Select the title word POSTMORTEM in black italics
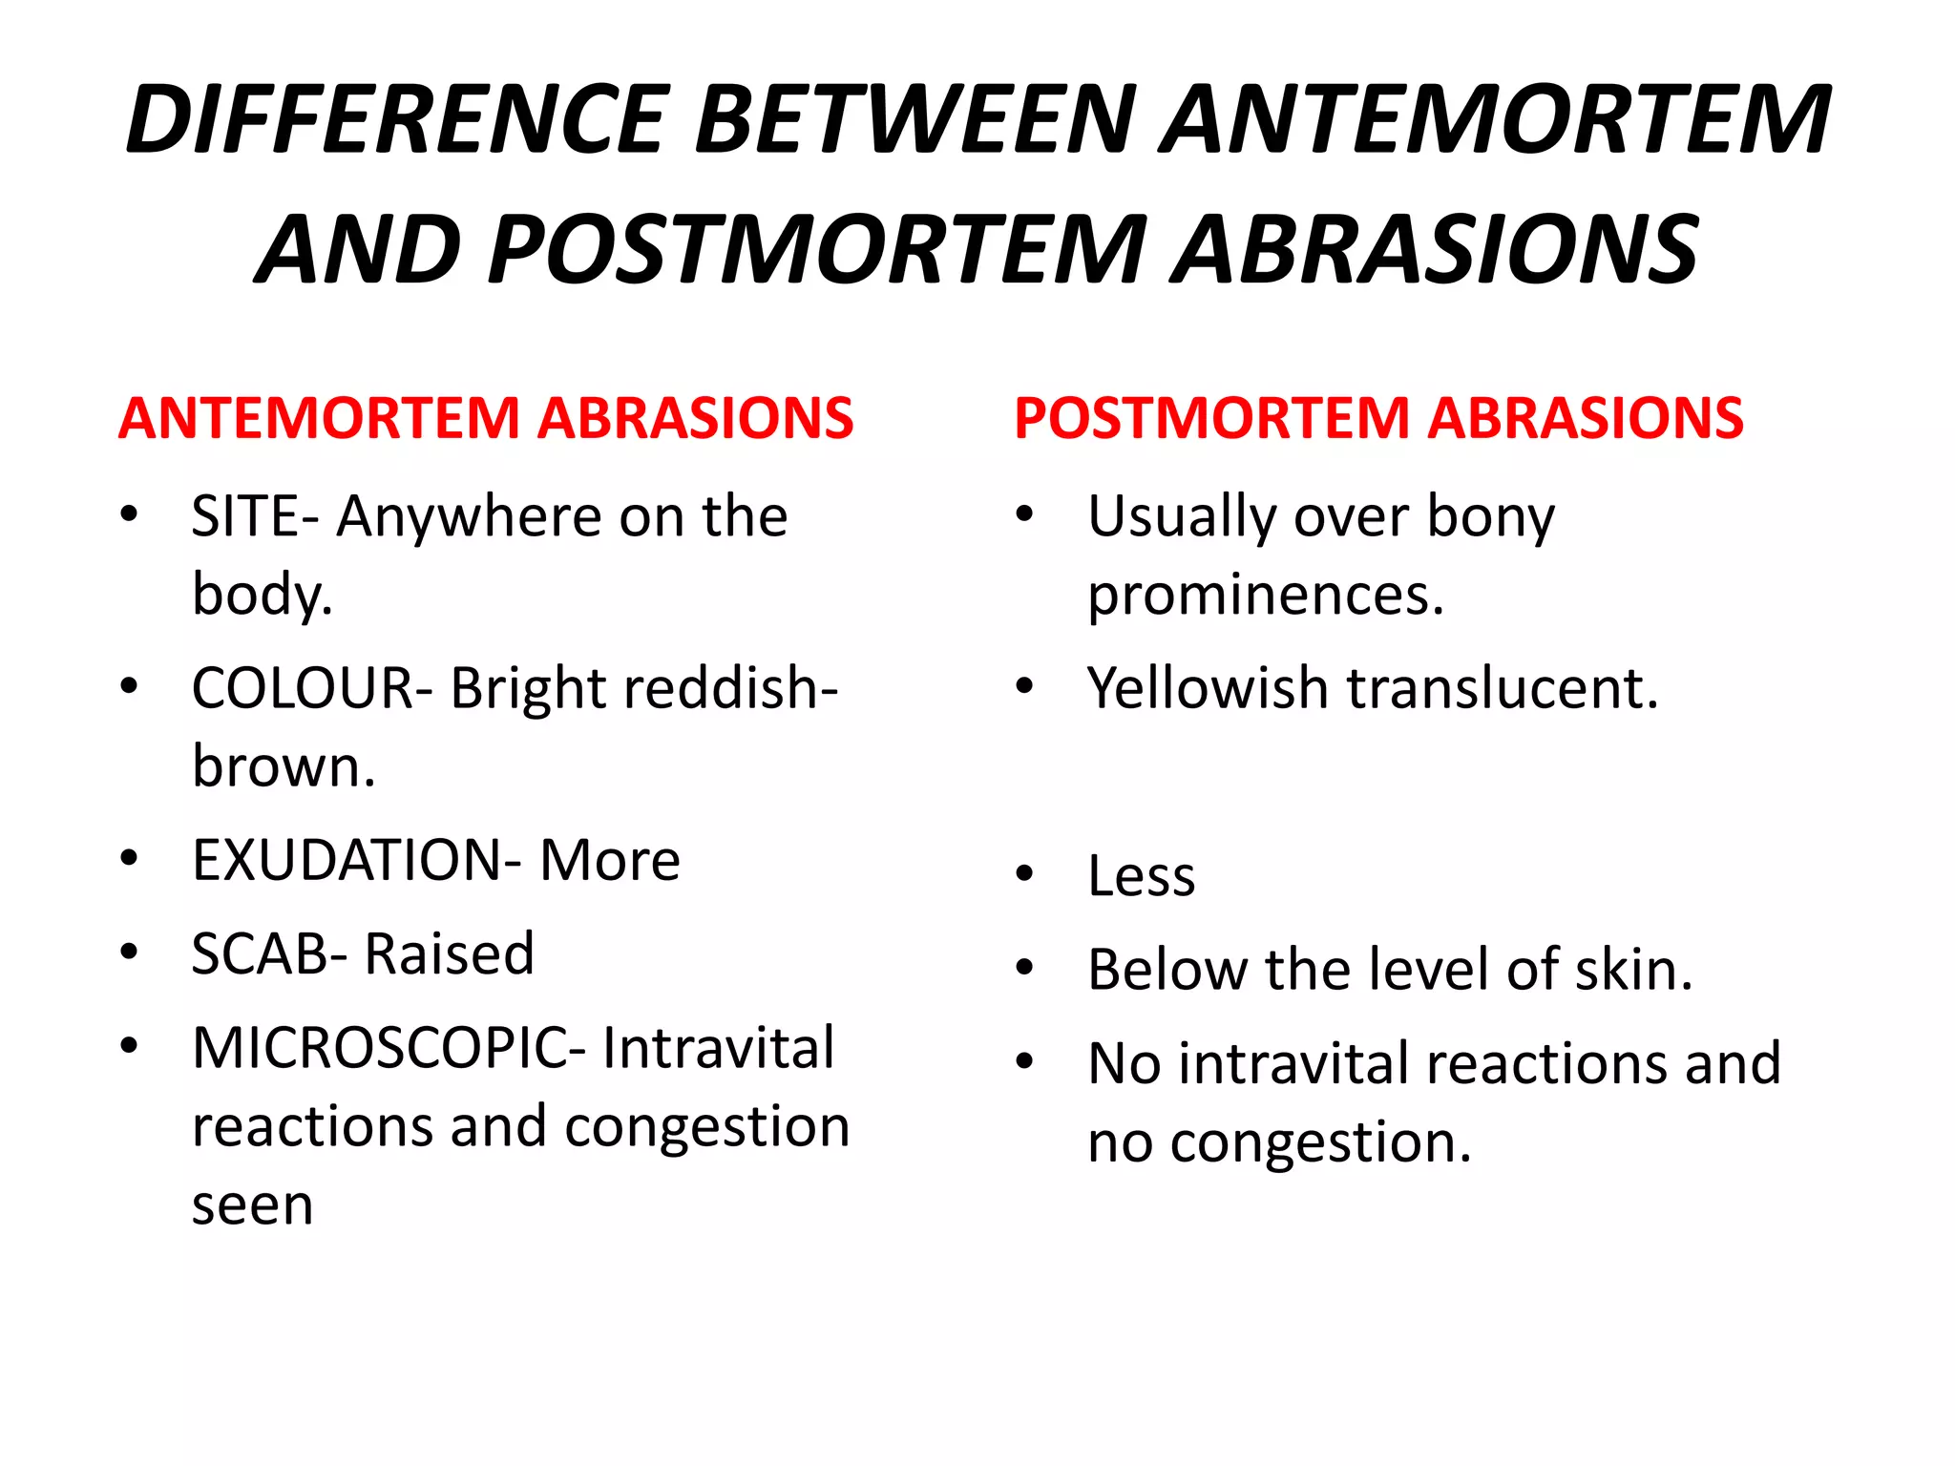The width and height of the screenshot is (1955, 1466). coord(817,250)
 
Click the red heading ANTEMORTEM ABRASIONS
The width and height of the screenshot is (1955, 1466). coord(486,418)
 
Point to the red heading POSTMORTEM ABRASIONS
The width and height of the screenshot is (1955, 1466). coord(1378,418)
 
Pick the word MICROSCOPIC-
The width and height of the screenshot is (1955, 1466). coord(389,1048)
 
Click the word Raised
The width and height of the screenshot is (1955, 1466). coord(450,953)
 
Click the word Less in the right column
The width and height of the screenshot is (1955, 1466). coord(1142,875)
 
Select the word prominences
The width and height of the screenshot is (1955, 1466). coord(1266,595)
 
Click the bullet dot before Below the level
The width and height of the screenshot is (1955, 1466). coord(1025,968)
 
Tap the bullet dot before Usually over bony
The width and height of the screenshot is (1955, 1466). coord(1025,514)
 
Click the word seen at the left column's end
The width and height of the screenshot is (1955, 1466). coord(253,1205)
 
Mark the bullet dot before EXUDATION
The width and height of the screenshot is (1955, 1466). coord(129,858)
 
